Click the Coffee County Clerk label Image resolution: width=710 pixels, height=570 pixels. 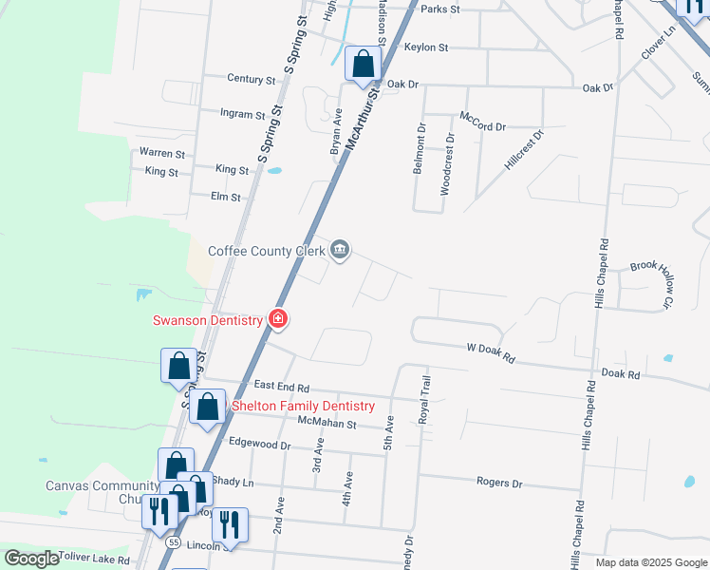pos(266,251)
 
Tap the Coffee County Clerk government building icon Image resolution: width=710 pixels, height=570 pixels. pos(340,251)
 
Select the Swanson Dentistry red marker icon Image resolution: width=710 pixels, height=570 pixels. pos(278,319)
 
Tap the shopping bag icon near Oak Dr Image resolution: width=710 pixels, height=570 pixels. pos(363,65)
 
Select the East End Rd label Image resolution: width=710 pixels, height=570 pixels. pos(282,388)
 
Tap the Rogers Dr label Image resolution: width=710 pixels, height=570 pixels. pos(499,483)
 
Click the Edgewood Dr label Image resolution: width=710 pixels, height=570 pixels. pos(260,445)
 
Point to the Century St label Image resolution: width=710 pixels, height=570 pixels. pos(251,79)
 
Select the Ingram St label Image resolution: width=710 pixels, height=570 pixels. pos(242,114)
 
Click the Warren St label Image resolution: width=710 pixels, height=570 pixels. pos(161,152)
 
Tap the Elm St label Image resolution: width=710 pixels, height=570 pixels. pos(226,197)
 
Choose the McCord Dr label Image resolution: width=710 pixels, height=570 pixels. pos(483,121)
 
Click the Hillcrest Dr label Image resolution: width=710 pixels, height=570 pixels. pos(524,149)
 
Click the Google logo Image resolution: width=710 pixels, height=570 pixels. pos(31,559)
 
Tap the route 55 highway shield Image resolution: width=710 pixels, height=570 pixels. pos(173,541)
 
